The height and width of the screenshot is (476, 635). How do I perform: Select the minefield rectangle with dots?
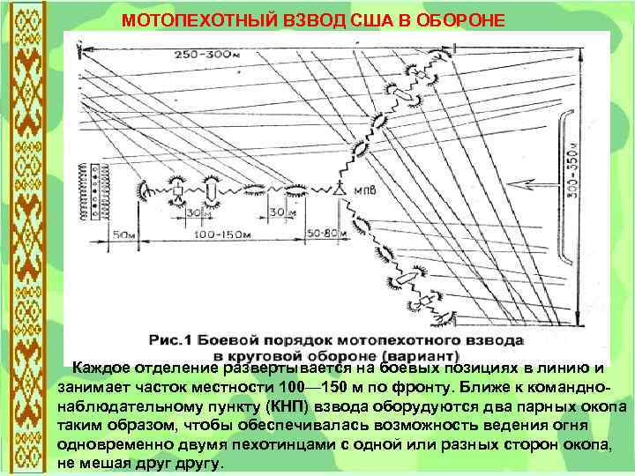(x=91, y=189)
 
